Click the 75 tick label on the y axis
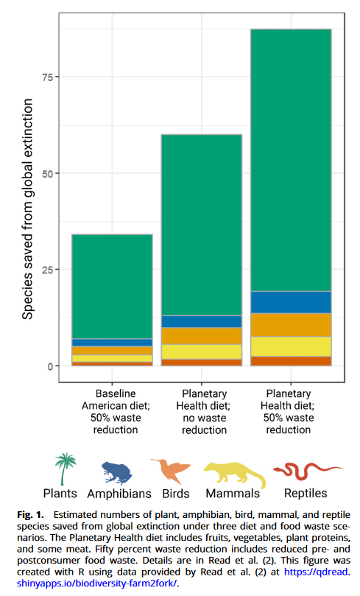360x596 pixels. click(47, 77)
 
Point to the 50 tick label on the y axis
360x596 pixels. click(47, 174)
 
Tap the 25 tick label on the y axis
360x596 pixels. click(47, 270)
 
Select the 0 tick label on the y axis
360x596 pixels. click(50, 366)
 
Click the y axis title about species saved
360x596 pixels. click(27, 209)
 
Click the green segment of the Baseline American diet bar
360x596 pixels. click(112, 287)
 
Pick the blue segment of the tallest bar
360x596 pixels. click(291, 302)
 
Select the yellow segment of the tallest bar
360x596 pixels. click(291, 347)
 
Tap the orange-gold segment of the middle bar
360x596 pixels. click(202, 336)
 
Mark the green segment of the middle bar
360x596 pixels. click(202, 225)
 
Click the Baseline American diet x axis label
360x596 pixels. click(116, 412)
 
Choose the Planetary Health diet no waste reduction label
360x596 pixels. click(203, 412)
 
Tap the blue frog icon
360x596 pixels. click(117, 473)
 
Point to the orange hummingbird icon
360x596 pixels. click(172, 470)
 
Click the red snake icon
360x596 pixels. click(307, 470)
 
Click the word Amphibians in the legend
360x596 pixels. click(119, 494)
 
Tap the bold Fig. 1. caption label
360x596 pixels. click(30, 515)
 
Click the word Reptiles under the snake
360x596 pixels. click(306, 494)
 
